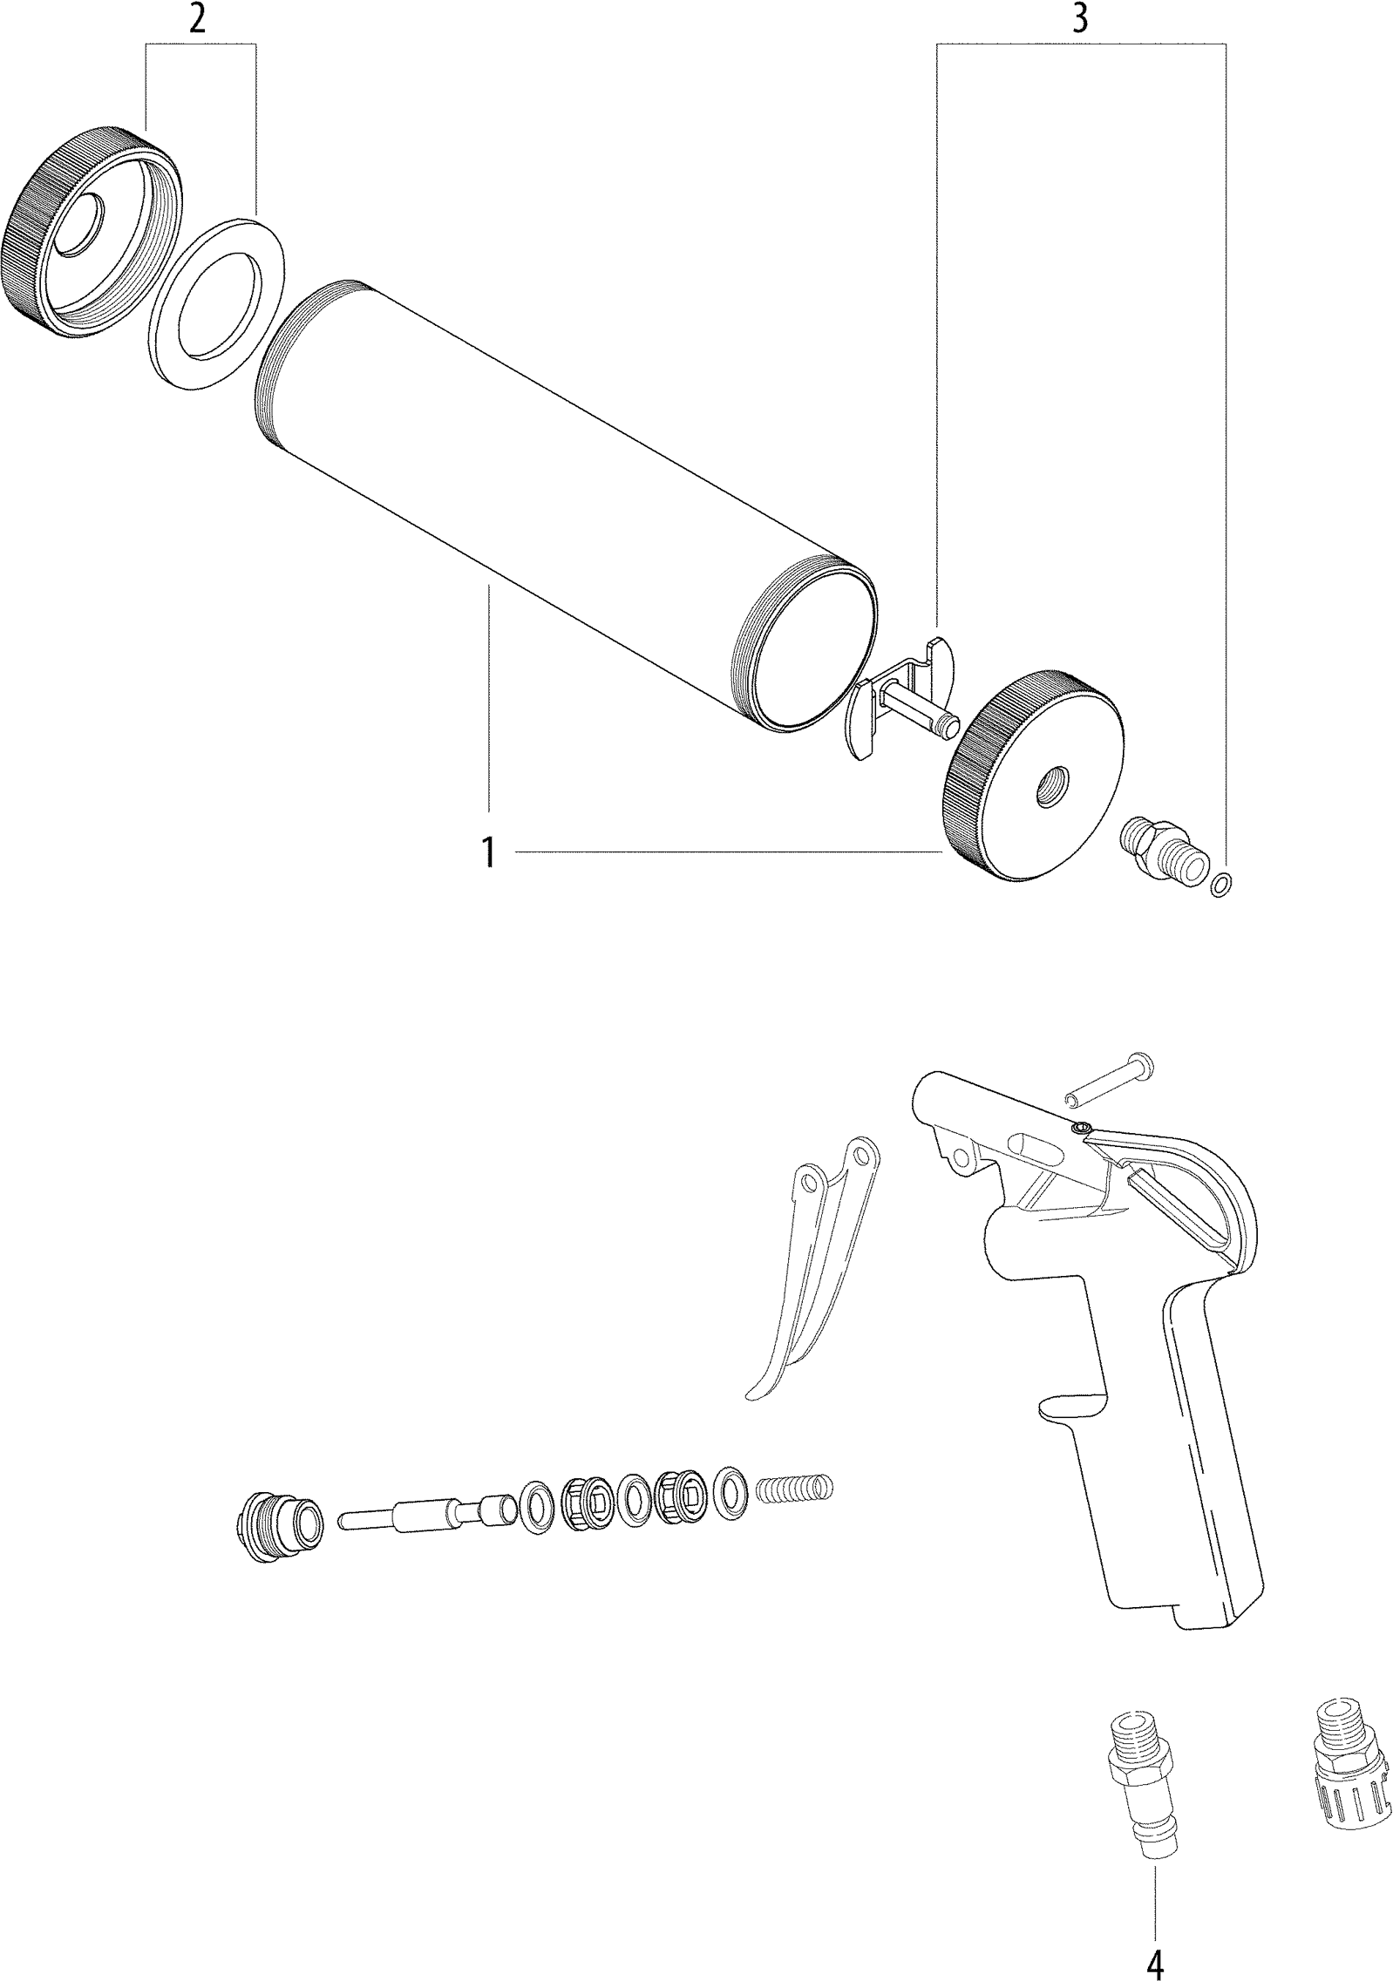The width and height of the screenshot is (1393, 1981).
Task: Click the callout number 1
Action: coord(489,851)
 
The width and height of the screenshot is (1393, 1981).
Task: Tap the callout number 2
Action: coord(199,19)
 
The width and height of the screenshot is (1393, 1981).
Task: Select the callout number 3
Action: coord(1079,19)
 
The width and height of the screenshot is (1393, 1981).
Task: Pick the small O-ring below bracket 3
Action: coord(1221,884)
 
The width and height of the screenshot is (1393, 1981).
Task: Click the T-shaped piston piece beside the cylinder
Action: coord(902,689)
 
